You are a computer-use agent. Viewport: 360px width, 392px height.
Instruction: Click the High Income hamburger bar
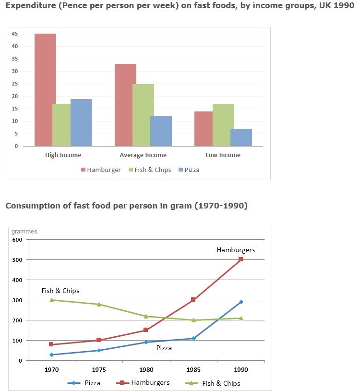45,90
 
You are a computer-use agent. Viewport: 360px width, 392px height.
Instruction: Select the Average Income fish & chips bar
143,115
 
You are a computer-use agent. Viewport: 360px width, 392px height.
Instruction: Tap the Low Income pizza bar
240,137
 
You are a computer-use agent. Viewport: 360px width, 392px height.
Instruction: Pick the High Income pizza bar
81,122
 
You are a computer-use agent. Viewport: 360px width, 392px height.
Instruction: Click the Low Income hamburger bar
204,128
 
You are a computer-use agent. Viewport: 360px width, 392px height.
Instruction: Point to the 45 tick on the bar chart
16,34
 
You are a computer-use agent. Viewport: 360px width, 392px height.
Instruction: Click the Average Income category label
143,155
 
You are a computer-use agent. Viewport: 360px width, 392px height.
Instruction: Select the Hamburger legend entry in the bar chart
101,170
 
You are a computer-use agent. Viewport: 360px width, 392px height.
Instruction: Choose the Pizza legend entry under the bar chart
188,170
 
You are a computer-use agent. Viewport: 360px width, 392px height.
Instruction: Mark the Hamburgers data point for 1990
240,259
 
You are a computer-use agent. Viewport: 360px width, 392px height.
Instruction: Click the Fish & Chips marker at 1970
52,300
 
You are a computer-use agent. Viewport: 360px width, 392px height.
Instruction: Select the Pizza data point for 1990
240,302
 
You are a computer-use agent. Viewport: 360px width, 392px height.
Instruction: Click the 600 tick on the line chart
17,240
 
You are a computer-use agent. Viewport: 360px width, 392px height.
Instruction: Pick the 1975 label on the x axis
99,370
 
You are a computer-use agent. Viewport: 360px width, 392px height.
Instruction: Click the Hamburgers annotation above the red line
236,250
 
